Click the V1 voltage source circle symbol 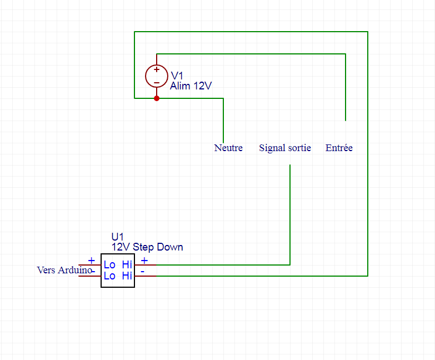[156, 76]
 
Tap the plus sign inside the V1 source [157, 70]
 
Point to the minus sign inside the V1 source [157, 82]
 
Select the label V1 [177, 76]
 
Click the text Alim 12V [191, 86]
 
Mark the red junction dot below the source [157, 98]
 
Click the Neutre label [228, 148]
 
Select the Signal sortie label [284, 148]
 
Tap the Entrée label [339, 148]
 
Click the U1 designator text [118, 237]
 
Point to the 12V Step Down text [147, 247]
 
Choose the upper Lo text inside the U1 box [109, 264]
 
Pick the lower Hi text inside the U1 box [127, 276]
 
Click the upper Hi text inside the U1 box [127, 264]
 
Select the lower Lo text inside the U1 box [109, 276]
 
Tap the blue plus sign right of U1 [144, 260]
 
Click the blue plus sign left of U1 [92, 260]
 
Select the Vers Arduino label [63, 270]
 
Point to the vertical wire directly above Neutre [223, 120]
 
